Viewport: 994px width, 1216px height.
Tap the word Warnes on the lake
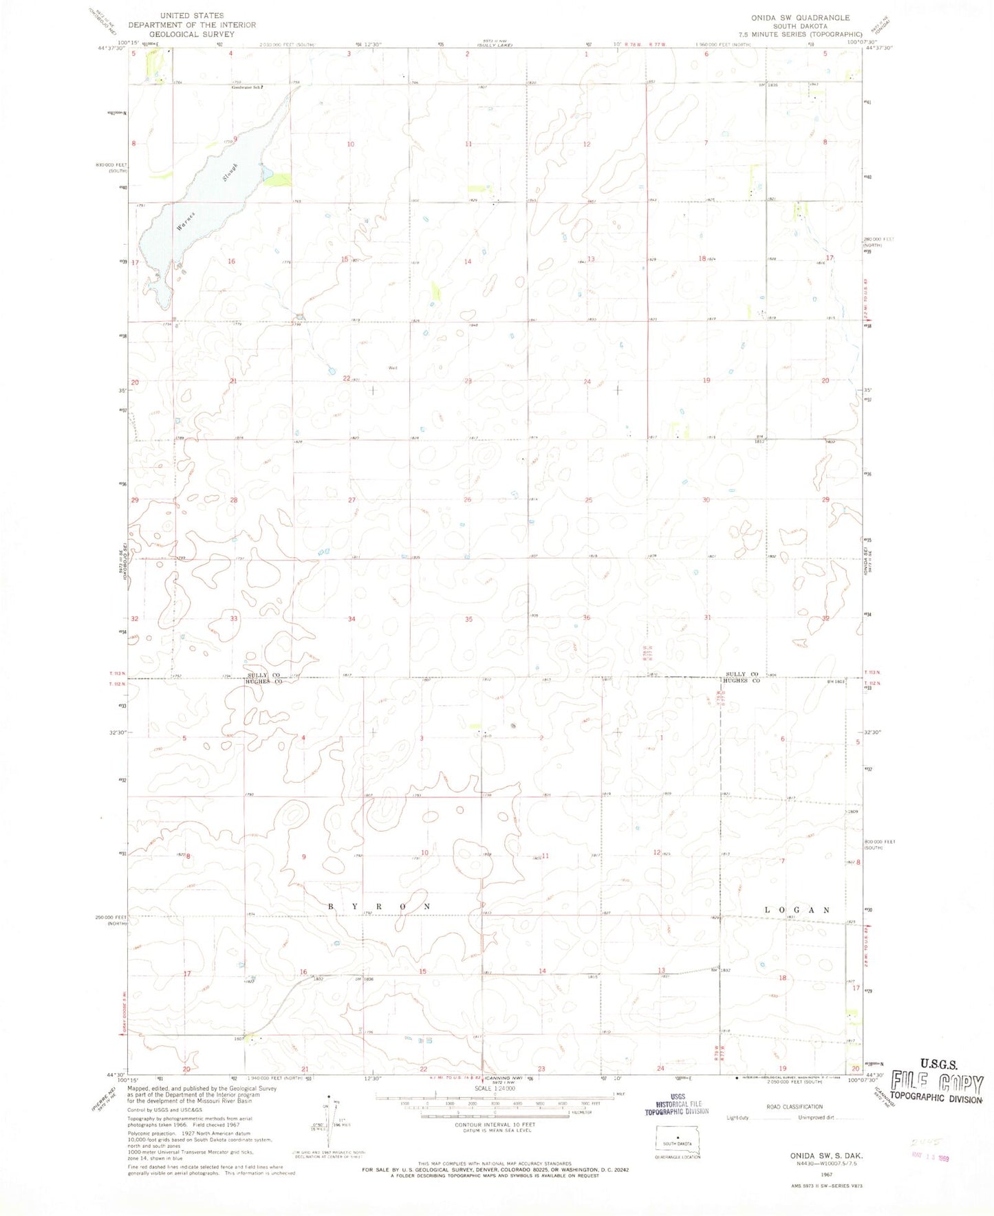186,221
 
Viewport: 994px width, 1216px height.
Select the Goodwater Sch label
248,87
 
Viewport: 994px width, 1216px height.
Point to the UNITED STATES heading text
192,15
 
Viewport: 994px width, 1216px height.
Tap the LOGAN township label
797,910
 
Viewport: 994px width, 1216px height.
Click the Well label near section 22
393,367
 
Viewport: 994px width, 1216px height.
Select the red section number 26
467,499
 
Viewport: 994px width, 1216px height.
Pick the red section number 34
352,619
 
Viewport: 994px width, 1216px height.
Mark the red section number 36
586,618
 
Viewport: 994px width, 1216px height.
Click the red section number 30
706,500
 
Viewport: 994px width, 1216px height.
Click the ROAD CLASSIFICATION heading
794,1107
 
